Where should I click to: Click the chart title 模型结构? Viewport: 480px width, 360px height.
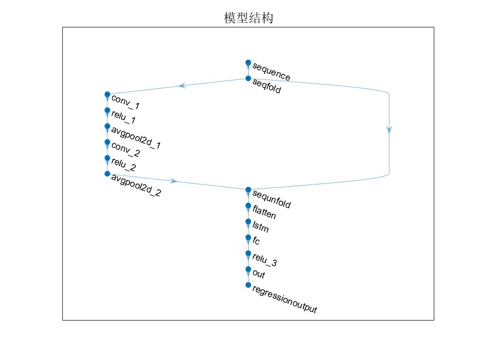(x=248, y=18)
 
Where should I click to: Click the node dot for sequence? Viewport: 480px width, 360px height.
(x=248, y=62)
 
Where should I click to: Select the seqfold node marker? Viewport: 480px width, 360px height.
(x=248, y=78)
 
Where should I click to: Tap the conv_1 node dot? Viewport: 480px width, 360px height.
(x=107, y=94)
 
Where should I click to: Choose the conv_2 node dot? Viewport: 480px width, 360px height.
(x=107, y=142)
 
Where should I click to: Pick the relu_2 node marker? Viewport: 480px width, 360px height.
(x=107, y=158)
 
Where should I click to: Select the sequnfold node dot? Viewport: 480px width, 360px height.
(x=248, y=190)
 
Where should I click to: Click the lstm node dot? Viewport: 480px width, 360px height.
(x=248, y=221)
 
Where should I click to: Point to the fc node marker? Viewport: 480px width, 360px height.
(x=248, y=237)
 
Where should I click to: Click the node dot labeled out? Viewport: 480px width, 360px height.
(x=248, y=269)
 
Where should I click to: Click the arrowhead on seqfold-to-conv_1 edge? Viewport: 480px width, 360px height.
(x=182, y=86)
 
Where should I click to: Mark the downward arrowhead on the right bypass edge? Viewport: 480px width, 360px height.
(x=389, y=130)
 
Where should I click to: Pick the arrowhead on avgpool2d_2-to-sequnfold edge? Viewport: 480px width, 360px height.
(x=174, y=181)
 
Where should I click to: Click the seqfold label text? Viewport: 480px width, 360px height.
(x=267, y=87)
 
